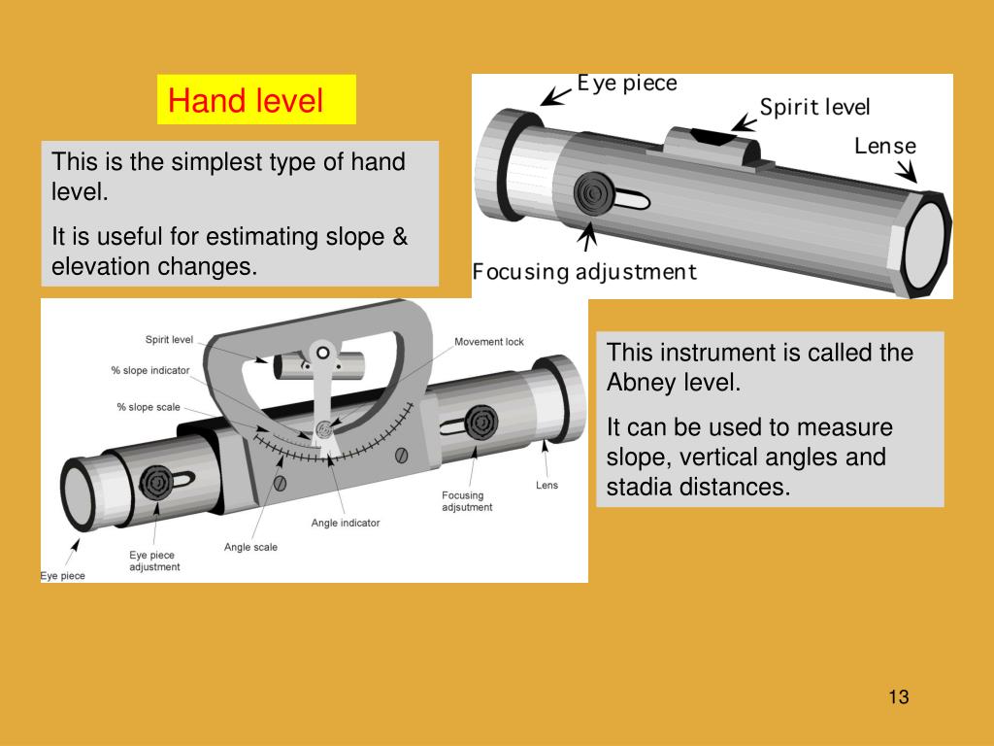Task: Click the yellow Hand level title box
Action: pyautogui.click(x=256, y=100)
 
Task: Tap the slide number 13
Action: pyautogui.click(x=897, y=696)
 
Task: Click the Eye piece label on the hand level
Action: pyautogui.click(x=627, y=84)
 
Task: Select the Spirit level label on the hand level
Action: pyautogui.click(x=814, y=108)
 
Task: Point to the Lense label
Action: pyautogui.click(x=884, y=147)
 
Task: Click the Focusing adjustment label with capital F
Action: pyautogui.click(x=584, y=271)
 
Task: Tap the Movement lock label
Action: pyautogui.click(x=488, y=342)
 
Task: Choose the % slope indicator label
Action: pyautogui.click(x=150, y=370)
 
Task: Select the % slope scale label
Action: pyautogui.click(x=149, y=407)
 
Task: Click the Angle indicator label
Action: pyautogui.click(x=346, y=523)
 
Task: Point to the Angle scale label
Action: pyautogui.click(x=250, y=547)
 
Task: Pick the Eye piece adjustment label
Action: pyautogui.click(x=154, y=560)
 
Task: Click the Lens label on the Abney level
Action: pyautogui.click(x=547, y=485)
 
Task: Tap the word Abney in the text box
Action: pyautogui.click(x=642, y=382)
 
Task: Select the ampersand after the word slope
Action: pyautogui.click(x=400, y=237)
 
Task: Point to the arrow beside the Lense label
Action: pyautogui.click(x=907, y=173)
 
